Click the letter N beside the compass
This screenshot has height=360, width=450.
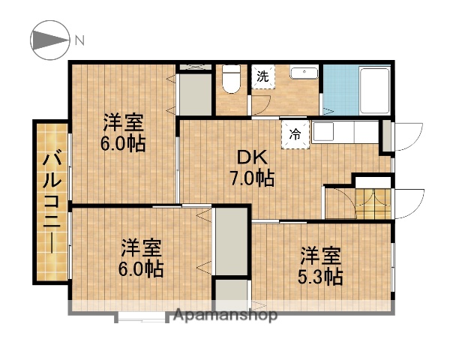[x=79, y=40]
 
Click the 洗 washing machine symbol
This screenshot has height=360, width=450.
[x=262, y=76]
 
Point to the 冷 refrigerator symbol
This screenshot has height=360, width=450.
[x=295, y=136]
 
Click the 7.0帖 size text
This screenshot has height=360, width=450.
[x=251, y=178]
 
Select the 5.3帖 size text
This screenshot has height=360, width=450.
[x=321, y=277]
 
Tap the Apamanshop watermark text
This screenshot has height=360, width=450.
[x=225, y=315]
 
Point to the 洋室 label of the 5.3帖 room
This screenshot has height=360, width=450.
[x=321, y=254]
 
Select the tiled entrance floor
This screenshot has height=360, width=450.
[x=372, y=202]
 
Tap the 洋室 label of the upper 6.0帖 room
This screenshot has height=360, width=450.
[x=124, y=121]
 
